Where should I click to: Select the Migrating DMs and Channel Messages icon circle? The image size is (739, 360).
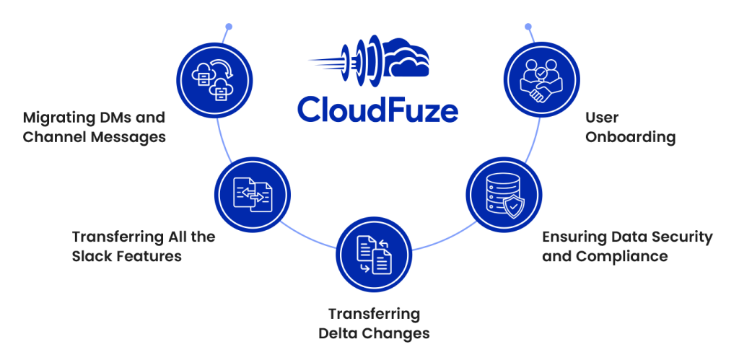click(x=216, y=79)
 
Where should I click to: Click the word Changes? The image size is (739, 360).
click(x=398, y=334)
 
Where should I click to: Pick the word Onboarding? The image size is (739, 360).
click(x=630, y=137)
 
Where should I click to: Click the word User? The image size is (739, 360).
click(x=602, y=117)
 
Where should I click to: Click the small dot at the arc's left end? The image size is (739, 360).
click(x=229, y=27)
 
